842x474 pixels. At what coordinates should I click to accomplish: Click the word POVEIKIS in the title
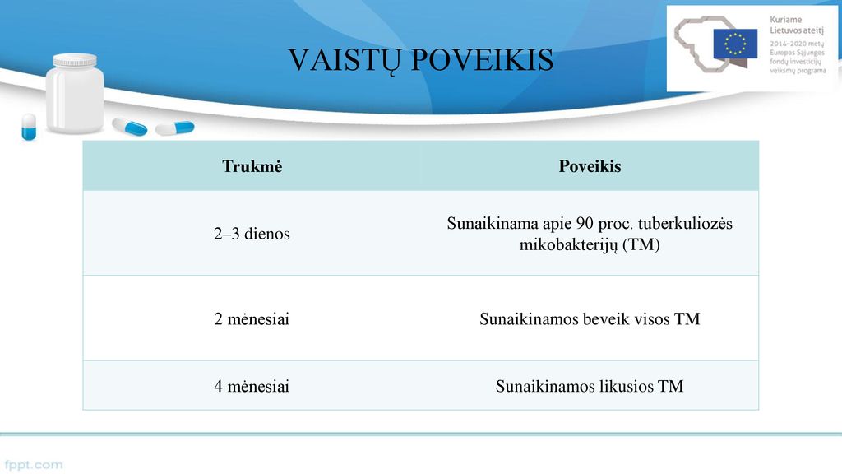click(x=482, y=59)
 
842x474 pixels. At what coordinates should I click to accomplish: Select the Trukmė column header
click(x=252, y=166)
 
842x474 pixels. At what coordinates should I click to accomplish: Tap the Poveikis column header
click(x=590, y=166)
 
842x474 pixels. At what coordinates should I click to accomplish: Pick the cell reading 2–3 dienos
click(x=252, y=234)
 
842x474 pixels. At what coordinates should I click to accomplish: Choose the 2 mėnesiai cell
click(x=252, y=319)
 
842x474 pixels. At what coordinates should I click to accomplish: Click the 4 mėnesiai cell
click(x=252, y=387)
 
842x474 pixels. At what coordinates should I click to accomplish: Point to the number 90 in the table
click(x=585, y=223)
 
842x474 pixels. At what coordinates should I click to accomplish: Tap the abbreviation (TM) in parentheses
click(x=641, y=244)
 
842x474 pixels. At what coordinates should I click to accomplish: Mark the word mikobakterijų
click(x=569, y=245)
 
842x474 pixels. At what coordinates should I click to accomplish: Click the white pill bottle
click(x=75, y=94)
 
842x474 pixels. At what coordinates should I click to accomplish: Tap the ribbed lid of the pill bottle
click(x=75, y=59)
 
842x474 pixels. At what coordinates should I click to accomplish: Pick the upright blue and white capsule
click(x=29, y=128)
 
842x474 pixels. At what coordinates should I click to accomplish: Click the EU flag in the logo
click(x=735, y=44)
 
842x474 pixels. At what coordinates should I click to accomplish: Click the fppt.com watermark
click(x=33, y=465)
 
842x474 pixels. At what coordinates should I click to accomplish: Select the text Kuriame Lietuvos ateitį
click(x=796, y=26)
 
